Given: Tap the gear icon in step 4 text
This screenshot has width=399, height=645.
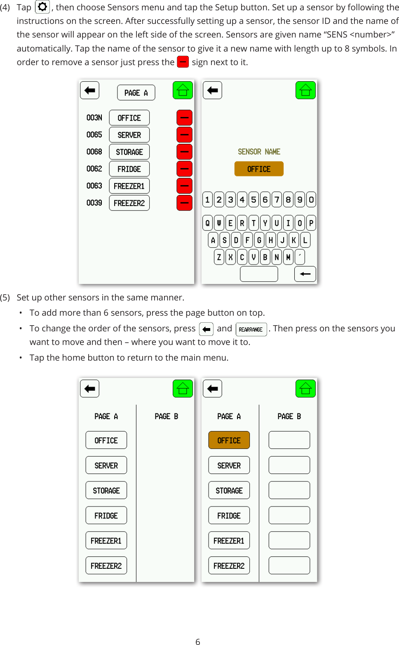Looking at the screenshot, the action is (42, 7).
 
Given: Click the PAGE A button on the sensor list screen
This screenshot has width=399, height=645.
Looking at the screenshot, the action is (136, 93).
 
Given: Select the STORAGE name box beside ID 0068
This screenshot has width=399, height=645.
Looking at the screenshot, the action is (129, 152).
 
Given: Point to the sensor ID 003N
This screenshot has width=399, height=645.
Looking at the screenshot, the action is (94, 118).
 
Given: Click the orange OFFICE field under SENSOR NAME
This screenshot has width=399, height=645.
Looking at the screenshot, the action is (259, 169).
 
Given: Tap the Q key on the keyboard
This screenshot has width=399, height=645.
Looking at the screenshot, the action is (207, 223).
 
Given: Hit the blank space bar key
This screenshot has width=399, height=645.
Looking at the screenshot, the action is (259, 274).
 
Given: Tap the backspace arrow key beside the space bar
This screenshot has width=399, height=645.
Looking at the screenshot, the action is (305, 274).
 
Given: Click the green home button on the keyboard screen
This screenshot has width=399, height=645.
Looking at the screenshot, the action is (305, 90).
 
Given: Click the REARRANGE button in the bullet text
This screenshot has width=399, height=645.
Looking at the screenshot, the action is (251, 329).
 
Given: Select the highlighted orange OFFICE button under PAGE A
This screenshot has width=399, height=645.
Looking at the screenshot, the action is (229, 440).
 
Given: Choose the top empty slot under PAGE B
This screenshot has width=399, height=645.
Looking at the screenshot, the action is (289, 440).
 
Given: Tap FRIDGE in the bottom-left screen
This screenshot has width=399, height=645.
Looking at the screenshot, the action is (106, 516).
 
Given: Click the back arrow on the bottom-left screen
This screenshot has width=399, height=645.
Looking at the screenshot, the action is (89, 388).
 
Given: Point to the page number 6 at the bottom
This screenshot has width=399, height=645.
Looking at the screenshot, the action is (198, 641).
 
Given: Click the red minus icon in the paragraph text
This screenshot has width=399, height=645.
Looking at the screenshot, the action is (183, 62).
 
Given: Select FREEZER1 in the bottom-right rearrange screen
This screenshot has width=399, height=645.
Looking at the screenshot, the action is (229, 540).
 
